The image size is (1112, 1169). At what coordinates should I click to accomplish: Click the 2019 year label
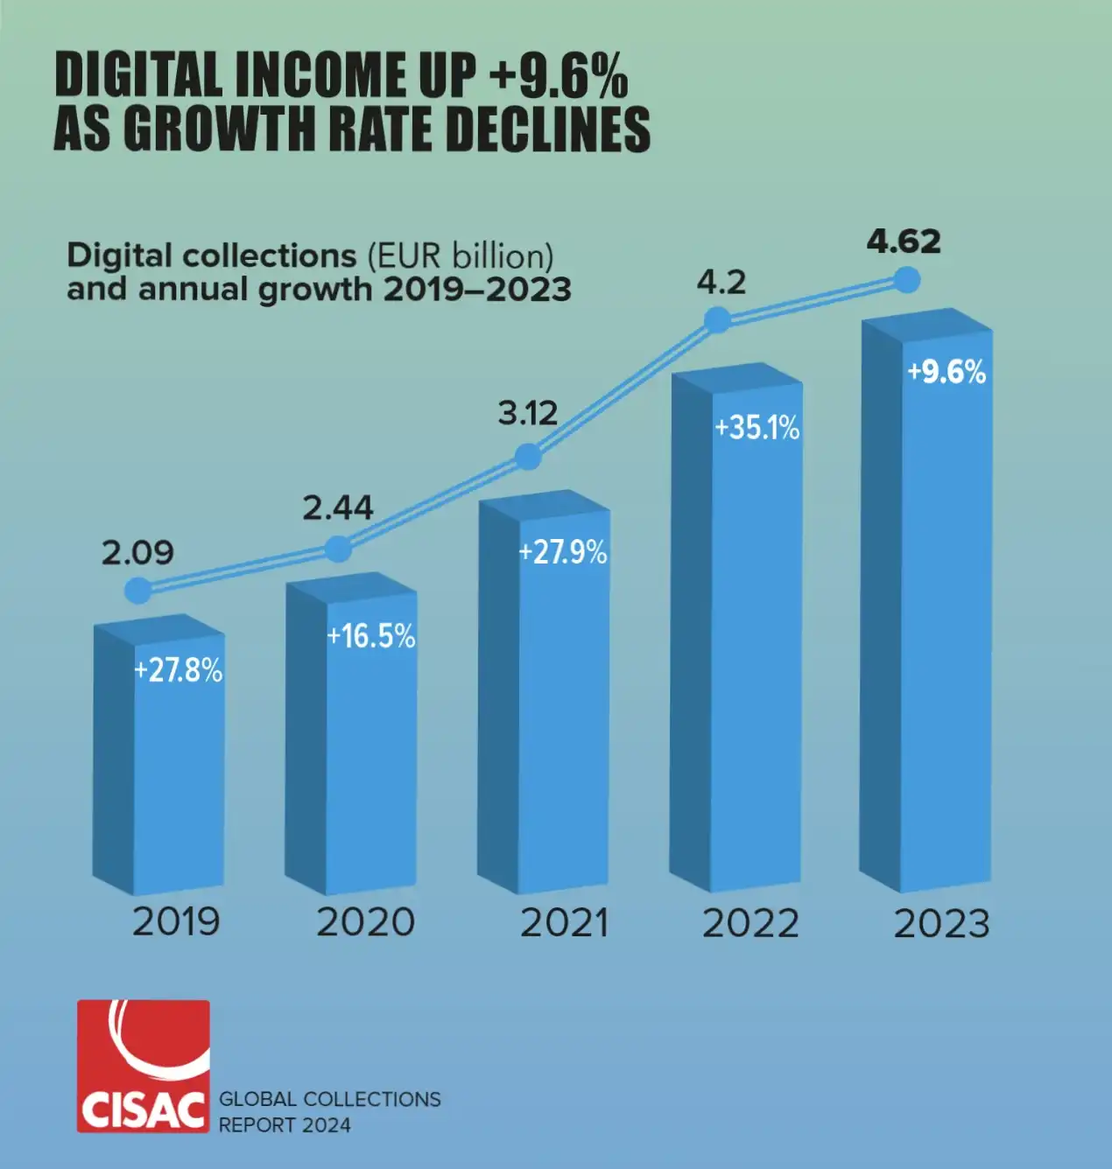(x=176, y=921)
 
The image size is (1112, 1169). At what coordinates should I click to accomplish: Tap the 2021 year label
(x=564, y=923)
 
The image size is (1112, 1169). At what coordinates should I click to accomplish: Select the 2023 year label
(x=941, y=924)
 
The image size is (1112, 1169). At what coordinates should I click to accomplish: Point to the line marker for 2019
(x=138, y=591)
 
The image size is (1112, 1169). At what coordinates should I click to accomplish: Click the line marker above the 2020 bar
(x=338, y=549)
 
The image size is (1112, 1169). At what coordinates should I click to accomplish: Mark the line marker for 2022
(x=717, y=320)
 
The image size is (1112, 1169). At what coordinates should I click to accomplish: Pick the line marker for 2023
(x=907, y=280)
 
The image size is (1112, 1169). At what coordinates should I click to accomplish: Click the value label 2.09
(x=137, y=553)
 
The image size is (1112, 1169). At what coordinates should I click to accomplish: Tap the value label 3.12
(x=528, y=413)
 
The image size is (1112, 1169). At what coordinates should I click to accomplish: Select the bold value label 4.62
(x=904, y=241)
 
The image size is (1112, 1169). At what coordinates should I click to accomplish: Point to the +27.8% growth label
(x=179, y=671)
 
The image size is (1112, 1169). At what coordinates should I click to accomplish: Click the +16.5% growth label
(x=371, y=636)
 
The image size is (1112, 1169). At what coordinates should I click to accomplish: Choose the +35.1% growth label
(x=757, y=428)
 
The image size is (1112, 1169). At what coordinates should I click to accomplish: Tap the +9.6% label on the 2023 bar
(x=947, y=372)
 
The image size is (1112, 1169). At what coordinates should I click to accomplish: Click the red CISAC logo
(x=144, y=1066)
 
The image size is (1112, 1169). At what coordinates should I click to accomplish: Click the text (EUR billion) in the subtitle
(x=460, y=255)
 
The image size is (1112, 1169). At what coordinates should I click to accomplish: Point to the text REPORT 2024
(x=285, y=1125)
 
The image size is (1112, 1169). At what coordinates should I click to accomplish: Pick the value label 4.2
(x=721, y=283)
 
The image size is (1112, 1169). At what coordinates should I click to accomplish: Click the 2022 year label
(x=750, y=924)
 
